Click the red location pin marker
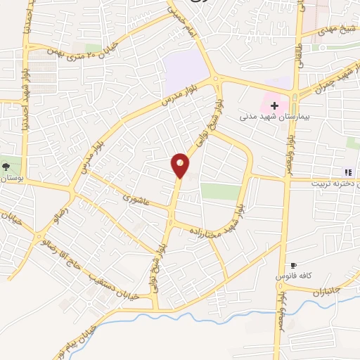pyautogui.click(x=181, y=165)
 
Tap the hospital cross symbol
pyautogui.click(x=274, y=105)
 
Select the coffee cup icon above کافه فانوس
pyautogui.click(x=293, y=265)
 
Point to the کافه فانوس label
pyautogui.click(x=294, y=276)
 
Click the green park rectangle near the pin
pyautogui.click(x=219, y=191)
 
